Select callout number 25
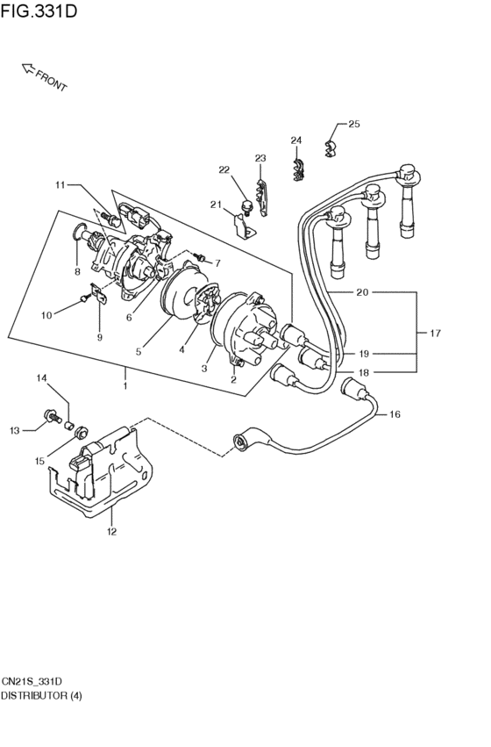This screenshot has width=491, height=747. [354, 124]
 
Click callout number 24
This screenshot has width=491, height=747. [296, 140]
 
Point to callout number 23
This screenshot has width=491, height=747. [260, 158]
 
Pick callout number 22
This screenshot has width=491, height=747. [224, 169]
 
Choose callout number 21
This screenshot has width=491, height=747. [216, 205]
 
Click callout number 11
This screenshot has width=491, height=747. [60, 184]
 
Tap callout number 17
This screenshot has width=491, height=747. [435, 334]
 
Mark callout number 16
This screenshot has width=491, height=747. [395, 414]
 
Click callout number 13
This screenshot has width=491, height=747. [14, 430]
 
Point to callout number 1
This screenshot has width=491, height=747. [125, 385]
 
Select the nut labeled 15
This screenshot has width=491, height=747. [79, 431]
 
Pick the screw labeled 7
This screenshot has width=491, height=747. [198, 257]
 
